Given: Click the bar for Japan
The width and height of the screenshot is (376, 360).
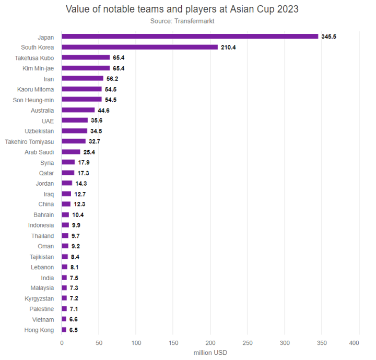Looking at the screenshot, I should click(x=190, y=37).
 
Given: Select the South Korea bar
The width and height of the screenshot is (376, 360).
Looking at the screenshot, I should click(x=139, y=47).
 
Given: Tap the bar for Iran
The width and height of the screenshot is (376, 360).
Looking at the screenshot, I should click(x=83, y=78).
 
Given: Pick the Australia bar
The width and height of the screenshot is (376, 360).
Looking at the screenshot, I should click(x=78, y=110).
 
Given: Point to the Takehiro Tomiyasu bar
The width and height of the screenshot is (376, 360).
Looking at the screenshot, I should click(x=74, y=141).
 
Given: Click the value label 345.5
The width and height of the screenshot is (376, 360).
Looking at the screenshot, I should click(x=328, y=37).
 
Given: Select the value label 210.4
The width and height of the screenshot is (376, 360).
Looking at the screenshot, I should click(x=228, y=47).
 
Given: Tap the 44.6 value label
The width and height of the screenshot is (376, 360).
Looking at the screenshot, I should click(x=103, y=110).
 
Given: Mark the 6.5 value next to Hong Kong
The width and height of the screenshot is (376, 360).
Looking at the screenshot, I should click(x=74, y=330).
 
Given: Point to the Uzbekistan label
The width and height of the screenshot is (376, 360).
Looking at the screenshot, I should click(x=39, y=131).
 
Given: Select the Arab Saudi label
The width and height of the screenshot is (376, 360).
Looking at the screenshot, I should click(x=39, y=152).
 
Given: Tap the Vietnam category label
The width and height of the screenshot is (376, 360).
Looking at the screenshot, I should click(x=43, y=319).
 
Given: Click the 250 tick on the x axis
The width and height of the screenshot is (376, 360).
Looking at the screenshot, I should click(x=248, y=343).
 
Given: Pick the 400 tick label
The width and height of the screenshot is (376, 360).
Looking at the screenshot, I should click(x=355, y=343).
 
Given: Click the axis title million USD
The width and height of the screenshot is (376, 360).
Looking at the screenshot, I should click(x=210, y=353).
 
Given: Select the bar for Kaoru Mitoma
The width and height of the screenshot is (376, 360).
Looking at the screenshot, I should click(x=82, y=89).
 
